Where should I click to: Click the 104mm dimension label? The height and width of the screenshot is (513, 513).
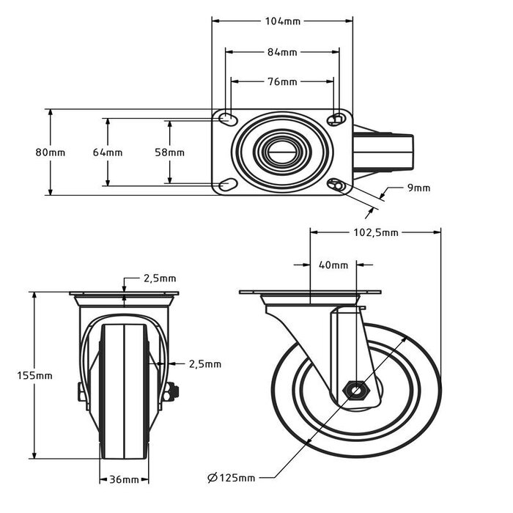pos(282,21)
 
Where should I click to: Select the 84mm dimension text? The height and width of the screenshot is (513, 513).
pos(282,52)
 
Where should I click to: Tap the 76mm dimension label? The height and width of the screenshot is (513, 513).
pos(282,82)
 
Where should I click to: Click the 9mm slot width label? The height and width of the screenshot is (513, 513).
pos(419,188)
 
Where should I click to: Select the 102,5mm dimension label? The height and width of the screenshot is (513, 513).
pos(375,233)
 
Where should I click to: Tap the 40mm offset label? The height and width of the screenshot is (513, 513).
pos(334,265)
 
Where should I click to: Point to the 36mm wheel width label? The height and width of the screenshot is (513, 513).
pos(124,479)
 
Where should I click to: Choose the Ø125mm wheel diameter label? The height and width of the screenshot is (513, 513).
pos(232,479)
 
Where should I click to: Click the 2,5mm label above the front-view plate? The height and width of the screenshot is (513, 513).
pos(159,278)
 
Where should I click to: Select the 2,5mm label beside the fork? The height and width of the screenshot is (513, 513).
pos(204,363)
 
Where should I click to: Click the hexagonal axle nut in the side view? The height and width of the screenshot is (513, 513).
pos(356,390)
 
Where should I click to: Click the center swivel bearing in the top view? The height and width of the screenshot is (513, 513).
pos(282,152)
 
